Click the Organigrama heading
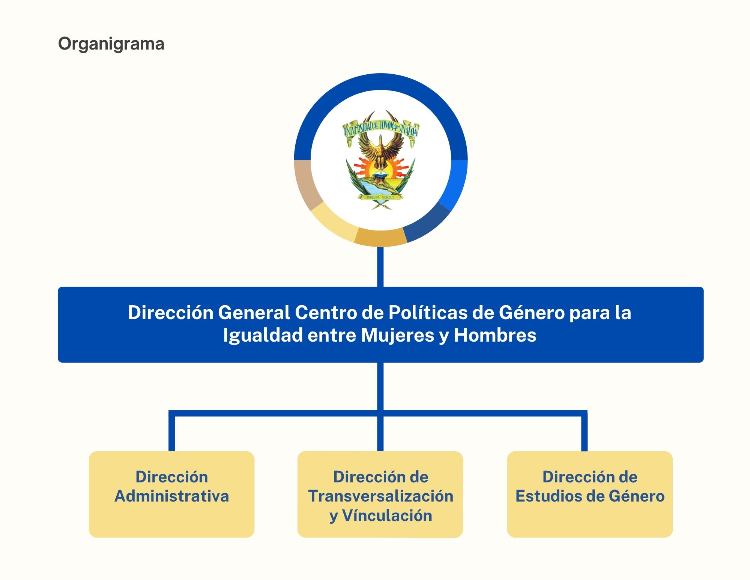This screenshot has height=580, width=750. tap(111, 44)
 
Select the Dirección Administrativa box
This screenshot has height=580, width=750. tap(171, 494)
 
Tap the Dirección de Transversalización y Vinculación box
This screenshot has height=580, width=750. tap(380, 494)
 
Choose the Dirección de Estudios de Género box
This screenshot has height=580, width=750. tap(590, 494)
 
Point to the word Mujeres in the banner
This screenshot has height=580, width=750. tap(397, 336)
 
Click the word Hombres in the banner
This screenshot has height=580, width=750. tap(495, 335)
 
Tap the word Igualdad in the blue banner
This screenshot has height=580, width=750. tap(263, 336)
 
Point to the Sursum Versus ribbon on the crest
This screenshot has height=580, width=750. tap(380, 197)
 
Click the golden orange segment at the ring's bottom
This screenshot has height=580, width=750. tap(380, 237)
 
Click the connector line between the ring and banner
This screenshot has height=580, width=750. tap(380, 267)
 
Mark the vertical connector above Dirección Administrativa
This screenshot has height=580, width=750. tap(172, 431)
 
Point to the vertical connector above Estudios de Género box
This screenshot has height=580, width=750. tap(584, 431)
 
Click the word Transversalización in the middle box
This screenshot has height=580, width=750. tap(381, 496)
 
